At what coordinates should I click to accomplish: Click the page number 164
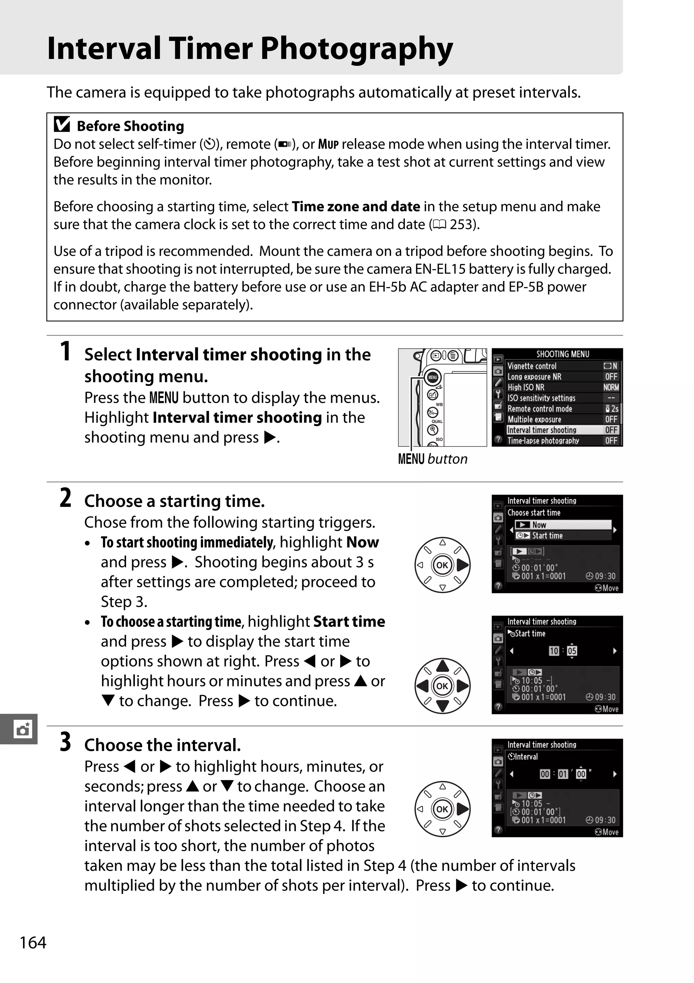33,942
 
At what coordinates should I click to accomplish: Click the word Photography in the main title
356,49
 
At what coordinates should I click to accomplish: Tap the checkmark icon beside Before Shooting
62,125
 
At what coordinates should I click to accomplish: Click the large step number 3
65,742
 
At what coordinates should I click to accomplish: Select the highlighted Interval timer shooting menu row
562,430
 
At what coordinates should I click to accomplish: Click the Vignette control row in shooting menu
562,366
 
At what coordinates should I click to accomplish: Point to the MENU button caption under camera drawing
432,459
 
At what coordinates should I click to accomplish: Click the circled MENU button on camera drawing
433,377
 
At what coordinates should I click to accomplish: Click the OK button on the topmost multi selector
442,565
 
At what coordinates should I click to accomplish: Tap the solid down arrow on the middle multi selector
442,705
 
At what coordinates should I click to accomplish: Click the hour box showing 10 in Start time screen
554,651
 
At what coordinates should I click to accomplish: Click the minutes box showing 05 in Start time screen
572,651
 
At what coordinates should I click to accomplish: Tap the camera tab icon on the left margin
22,729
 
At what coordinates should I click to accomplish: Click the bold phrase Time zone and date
355,206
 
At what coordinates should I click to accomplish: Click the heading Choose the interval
162,745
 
